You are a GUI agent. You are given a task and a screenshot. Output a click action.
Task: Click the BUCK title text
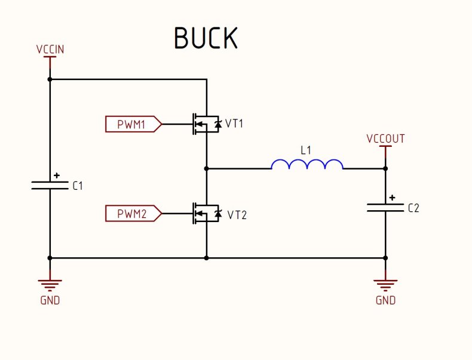(206, 38)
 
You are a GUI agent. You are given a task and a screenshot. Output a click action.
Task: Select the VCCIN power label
(50, 50)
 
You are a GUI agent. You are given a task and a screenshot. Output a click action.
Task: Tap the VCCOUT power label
(385, 139)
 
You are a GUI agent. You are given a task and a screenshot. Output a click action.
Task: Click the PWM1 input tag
(133, 124)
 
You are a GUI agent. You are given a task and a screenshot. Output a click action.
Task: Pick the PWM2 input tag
(133, 213)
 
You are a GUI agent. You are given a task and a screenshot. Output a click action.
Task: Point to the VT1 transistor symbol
(205, 124)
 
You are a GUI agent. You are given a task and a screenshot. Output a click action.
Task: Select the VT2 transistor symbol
(205, 213)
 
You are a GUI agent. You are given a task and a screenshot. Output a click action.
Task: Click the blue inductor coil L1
(307, 164)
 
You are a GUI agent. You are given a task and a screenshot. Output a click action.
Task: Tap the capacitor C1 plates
(50, 185)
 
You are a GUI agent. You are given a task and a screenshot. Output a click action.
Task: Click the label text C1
(78, 186)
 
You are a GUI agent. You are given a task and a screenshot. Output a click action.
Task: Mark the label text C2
(413, 208)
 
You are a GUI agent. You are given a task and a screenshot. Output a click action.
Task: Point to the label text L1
(306, 150)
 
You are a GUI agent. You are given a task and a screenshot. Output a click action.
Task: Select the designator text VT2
(237, 214)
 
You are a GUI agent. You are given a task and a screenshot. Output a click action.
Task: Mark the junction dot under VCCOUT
(385, 168)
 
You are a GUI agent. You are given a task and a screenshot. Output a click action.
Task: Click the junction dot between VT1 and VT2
(206, 168)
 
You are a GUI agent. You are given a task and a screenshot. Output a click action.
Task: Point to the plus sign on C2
(393, 198)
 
